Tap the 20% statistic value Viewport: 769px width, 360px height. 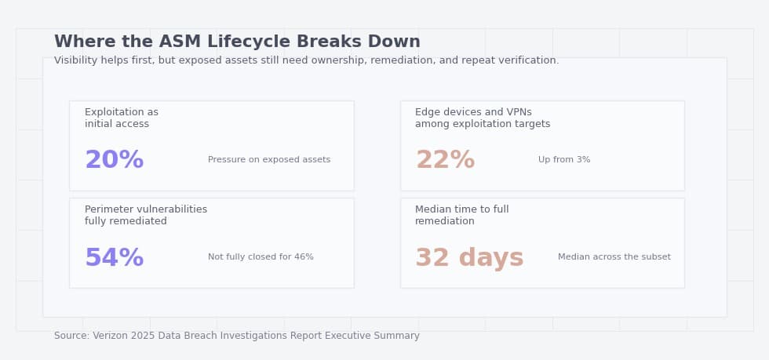point(114,160)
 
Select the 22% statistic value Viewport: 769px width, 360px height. point(445,160)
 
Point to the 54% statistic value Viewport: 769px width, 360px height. point(114,258)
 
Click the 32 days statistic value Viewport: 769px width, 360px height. point(469,258)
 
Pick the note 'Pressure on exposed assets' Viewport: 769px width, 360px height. point(269,160)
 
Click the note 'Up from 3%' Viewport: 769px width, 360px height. point(564,160)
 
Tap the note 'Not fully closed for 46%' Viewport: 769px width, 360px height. point(261,257)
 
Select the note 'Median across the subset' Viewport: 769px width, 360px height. point(614,257)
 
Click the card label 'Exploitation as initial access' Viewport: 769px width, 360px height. point(122,118)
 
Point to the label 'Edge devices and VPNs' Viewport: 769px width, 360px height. point(473,112)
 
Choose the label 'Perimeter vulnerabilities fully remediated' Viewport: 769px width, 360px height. point(146,216)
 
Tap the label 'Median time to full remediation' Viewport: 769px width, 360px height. point(461,216)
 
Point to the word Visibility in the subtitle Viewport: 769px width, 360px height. point(76,60)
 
